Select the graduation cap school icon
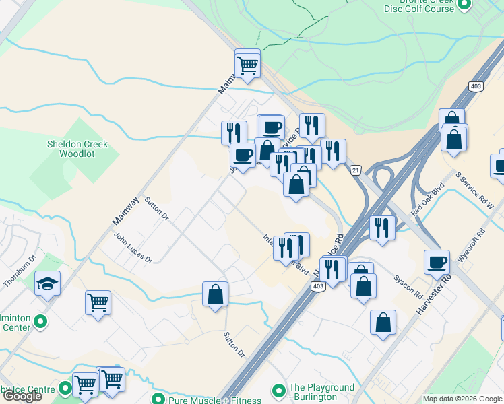(x=48, y=283)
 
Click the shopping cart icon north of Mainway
(x=248, y=65)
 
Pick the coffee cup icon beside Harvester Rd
(x=437, y=262)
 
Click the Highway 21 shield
(x=356, y=170)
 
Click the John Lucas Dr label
(x=133, y=248)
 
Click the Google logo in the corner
(x=22, y=396)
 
